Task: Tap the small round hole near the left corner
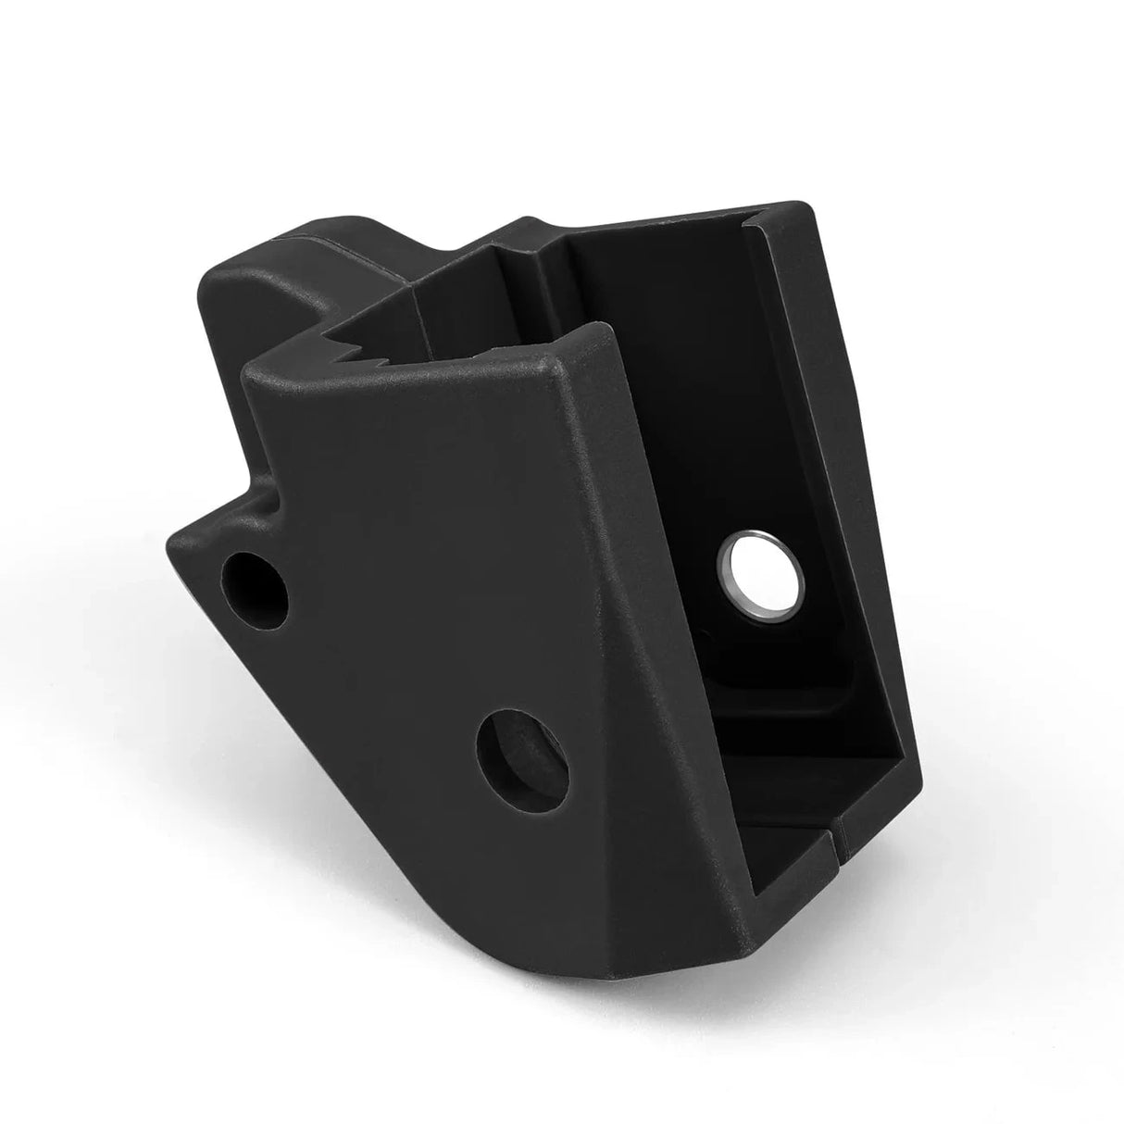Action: (x=255, y=585)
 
